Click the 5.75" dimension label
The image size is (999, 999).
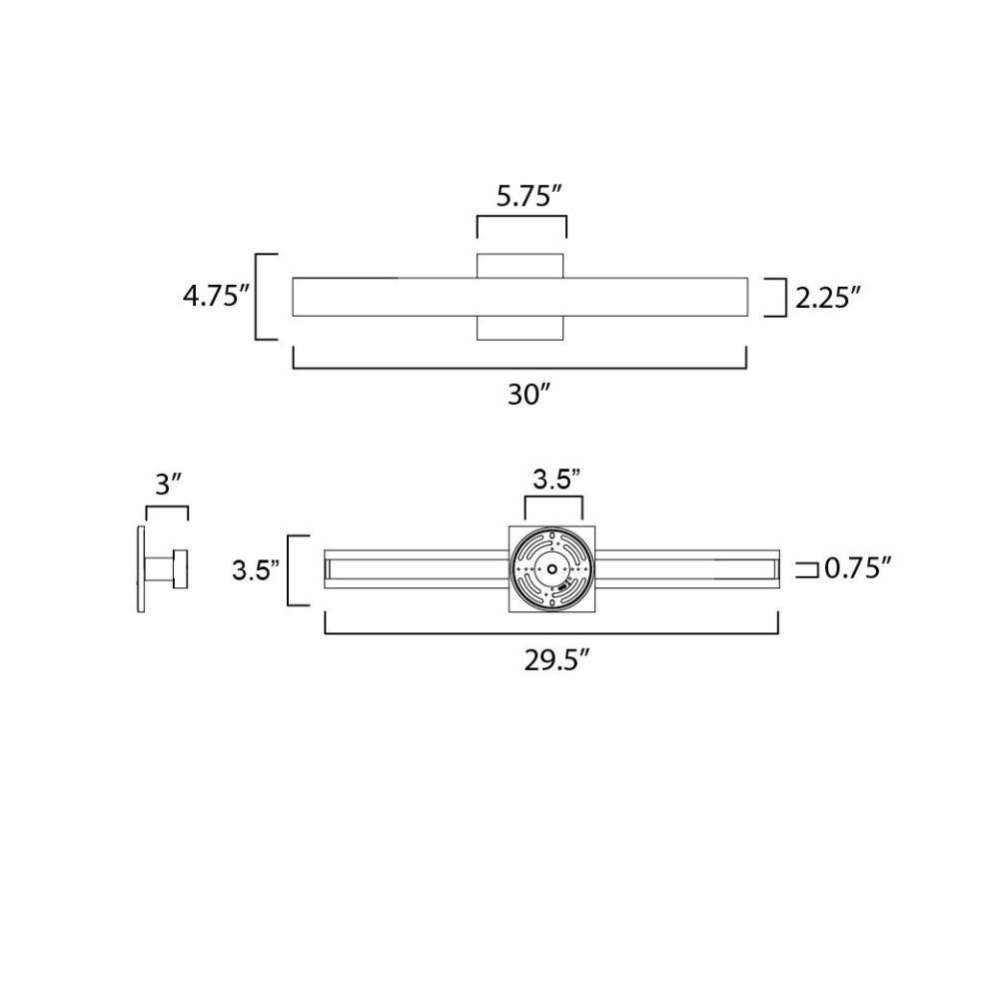(x=528, y=196)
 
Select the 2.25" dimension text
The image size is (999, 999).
(x=827, y=297)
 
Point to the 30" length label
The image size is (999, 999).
(x=528, y=396)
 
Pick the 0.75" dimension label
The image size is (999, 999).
(x=857, y=567)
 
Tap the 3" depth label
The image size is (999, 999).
(x=166, y=486)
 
